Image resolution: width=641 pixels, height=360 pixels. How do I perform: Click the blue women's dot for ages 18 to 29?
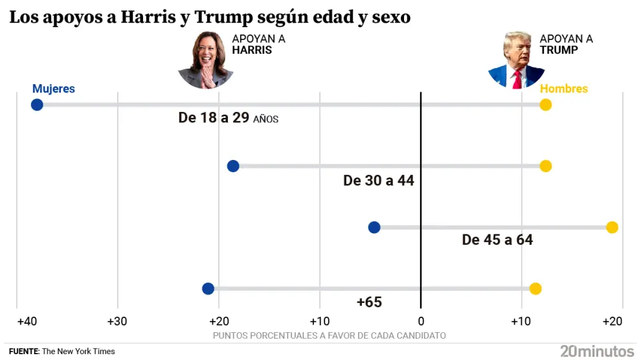point(37,105)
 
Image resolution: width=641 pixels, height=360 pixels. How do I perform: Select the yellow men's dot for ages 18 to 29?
point(545,105)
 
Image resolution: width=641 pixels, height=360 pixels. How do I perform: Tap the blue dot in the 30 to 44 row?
point(233,166)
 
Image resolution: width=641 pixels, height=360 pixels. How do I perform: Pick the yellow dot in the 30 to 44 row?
point(545,166)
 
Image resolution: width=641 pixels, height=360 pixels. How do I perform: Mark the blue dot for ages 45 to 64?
point(374,227)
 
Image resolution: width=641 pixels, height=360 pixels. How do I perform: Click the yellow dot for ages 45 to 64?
point(612,227)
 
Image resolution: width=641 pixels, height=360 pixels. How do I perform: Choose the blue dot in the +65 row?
point(208,289)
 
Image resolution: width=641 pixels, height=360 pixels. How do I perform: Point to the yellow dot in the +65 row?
point(535,289)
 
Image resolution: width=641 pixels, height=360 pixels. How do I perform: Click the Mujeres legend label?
point(54,89)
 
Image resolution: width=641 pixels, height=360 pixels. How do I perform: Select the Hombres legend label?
point(563,89)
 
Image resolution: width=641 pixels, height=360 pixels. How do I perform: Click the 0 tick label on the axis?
point(421,321)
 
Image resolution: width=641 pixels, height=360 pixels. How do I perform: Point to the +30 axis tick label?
point(117,321)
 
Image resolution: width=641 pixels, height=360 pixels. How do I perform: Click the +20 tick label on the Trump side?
point(612,321)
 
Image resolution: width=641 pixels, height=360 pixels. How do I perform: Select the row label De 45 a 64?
point(497,240)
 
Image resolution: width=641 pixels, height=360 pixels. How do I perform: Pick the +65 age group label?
point(369,302)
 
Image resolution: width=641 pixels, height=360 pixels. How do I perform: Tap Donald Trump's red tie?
point(517,80)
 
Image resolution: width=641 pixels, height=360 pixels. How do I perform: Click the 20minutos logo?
point(597,351)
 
